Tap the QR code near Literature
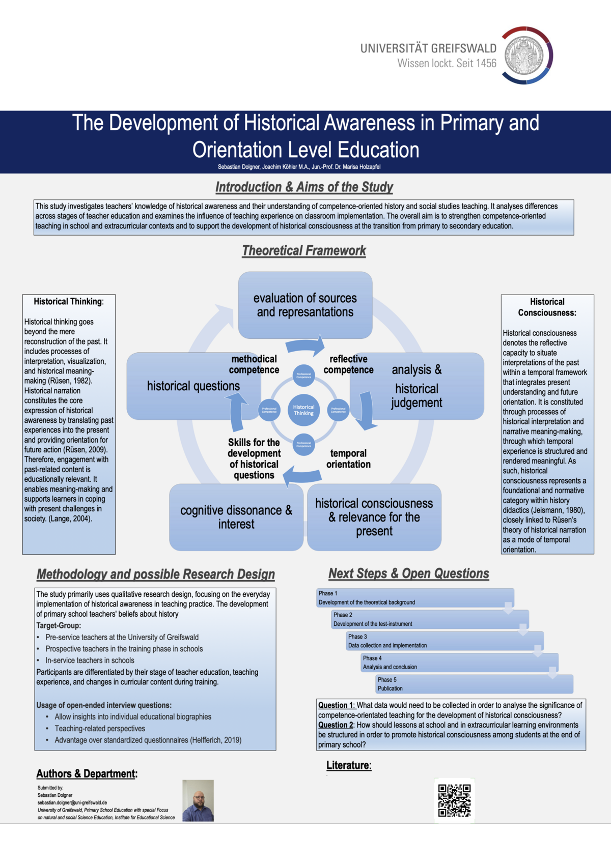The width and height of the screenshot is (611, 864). (x=454, y=800)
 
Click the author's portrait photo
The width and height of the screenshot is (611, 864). (x=198, y=800)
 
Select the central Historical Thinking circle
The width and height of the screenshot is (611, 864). (x=303, y=410)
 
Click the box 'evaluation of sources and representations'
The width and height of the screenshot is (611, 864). (x=305, y=305)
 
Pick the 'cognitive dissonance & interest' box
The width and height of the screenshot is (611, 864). (x=236, y=517)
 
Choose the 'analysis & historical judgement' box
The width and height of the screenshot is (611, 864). (x=416, y=386)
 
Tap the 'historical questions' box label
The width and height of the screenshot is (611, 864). (x=193, y=386)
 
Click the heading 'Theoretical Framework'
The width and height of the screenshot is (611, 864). (x=304, y=250)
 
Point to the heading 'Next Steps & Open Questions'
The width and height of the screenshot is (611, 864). (x=408, y=573)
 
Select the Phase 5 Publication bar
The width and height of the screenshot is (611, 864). (x=474, y=684)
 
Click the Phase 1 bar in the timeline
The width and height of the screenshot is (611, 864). (x=414, y=598)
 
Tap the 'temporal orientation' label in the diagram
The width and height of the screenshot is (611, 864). (x=348, y=458)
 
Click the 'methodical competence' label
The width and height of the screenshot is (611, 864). (x=254, y=364)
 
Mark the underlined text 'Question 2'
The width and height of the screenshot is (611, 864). (x=336, y=725)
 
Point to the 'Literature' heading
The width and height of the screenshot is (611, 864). (x=349, y=765)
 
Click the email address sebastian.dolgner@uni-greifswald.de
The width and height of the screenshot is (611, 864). (x=72, y=802)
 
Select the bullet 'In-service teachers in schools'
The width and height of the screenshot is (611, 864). (x=90, y=660)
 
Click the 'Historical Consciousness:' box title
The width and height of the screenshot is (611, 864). (x=547, y=307)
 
